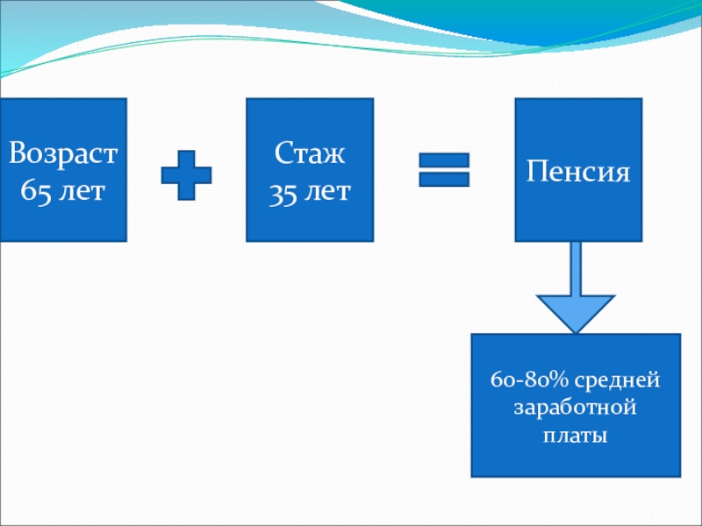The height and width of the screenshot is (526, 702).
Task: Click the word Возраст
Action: pos(63,156)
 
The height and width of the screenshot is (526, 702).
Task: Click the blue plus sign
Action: pos(186,175)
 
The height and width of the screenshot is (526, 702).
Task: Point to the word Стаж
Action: pos(310,156)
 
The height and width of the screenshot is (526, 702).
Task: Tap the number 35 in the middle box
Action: pos(283,191)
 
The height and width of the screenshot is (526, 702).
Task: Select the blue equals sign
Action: pos(444,170)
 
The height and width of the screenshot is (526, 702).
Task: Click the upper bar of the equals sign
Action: pos(444,161)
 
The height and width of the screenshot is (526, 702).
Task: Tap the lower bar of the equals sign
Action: pos(444,179)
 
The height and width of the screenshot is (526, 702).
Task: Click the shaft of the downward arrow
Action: pos(576,267)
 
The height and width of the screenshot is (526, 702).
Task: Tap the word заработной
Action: pos(576,409)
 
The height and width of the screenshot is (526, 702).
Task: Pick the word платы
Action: pos(576,435)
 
